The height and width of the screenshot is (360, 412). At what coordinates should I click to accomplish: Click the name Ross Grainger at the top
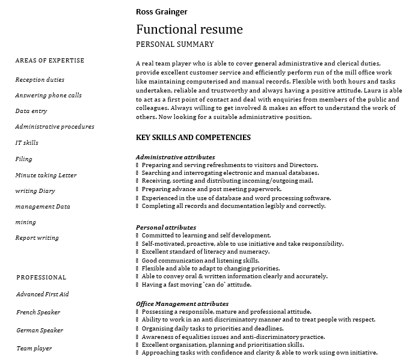point(162,11)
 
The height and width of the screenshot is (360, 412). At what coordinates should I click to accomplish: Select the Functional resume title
point(189,29)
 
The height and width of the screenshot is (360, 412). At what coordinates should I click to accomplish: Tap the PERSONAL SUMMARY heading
point(175,44)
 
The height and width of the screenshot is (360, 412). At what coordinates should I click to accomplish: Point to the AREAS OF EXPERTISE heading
point(50,61)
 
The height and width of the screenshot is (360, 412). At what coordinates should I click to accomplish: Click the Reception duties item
point(40,80)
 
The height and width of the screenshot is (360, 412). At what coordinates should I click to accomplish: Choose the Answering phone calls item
point(49,96)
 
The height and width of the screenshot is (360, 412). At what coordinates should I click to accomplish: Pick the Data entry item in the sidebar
point(31,111)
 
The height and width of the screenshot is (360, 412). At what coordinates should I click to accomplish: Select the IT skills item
point(27,143)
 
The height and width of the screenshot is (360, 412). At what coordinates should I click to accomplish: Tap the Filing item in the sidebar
point(24,159)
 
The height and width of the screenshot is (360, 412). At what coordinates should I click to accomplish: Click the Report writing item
point(37,238)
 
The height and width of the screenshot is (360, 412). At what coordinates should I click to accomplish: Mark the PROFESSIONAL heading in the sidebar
point(42,278)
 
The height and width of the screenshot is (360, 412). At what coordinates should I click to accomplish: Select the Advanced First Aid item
point(43,294)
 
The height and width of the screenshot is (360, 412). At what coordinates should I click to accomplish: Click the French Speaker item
point(38,313)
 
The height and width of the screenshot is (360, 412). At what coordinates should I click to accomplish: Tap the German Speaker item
point(40,331)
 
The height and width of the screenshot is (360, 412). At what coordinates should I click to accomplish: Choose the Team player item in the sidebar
point(34,349)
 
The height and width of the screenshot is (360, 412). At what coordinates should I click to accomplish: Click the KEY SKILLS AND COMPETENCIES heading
point(194,138)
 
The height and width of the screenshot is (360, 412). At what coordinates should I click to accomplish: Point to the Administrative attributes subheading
point(176,157)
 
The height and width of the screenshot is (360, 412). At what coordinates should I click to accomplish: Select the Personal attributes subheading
point(166,228)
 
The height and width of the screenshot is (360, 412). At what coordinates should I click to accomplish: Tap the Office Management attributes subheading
point(182,304)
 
